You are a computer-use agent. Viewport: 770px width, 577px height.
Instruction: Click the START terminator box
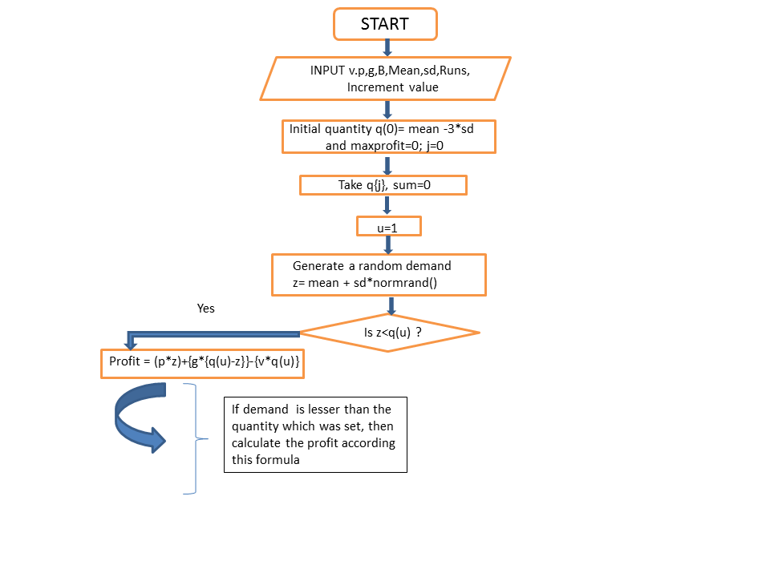click(x=385, y=24)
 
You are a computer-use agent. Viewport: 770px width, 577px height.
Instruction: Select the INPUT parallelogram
click(x=386, y=79)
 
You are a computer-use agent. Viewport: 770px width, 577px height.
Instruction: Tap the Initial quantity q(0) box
click(x=389, y=137)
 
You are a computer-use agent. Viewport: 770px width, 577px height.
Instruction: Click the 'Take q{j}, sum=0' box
click(x=383, y=185)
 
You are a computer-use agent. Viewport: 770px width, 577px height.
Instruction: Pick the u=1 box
click(x=389, y=226)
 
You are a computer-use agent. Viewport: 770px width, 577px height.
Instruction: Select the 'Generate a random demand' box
click(x=379, y=275)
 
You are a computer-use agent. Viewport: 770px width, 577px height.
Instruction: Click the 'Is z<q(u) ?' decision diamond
click(x=390, y=333)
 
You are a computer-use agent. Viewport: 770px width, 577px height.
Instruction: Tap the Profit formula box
click(x=203, y=364)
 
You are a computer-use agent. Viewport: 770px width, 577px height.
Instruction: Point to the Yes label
click(x=206, y=308)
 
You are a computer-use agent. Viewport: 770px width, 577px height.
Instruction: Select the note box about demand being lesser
click(x=315, y=434)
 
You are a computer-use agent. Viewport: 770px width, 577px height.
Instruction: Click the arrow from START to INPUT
click(x=387, y=48)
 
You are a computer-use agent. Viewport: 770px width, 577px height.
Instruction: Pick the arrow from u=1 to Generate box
click(x=388, y=245)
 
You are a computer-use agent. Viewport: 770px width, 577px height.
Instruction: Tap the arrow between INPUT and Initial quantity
click(x=387, y=110)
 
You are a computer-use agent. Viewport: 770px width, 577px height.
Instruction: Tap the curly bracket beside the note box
click(x=197, y=438)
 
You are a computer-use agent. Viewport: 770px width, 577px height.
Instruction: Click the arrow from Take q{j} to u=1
click(x=387, y=205)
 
